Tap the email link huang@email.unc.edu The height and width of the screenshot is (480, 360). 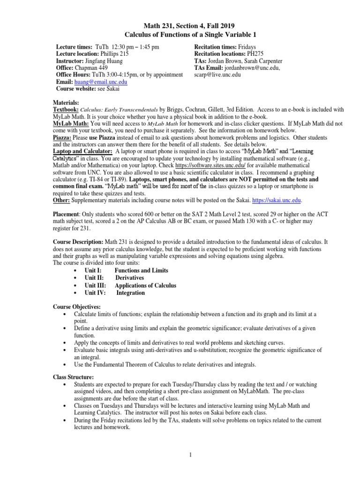[x=100, y=81]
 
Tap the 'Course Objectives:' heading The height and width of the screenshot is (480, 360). [x=73, y=307]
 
